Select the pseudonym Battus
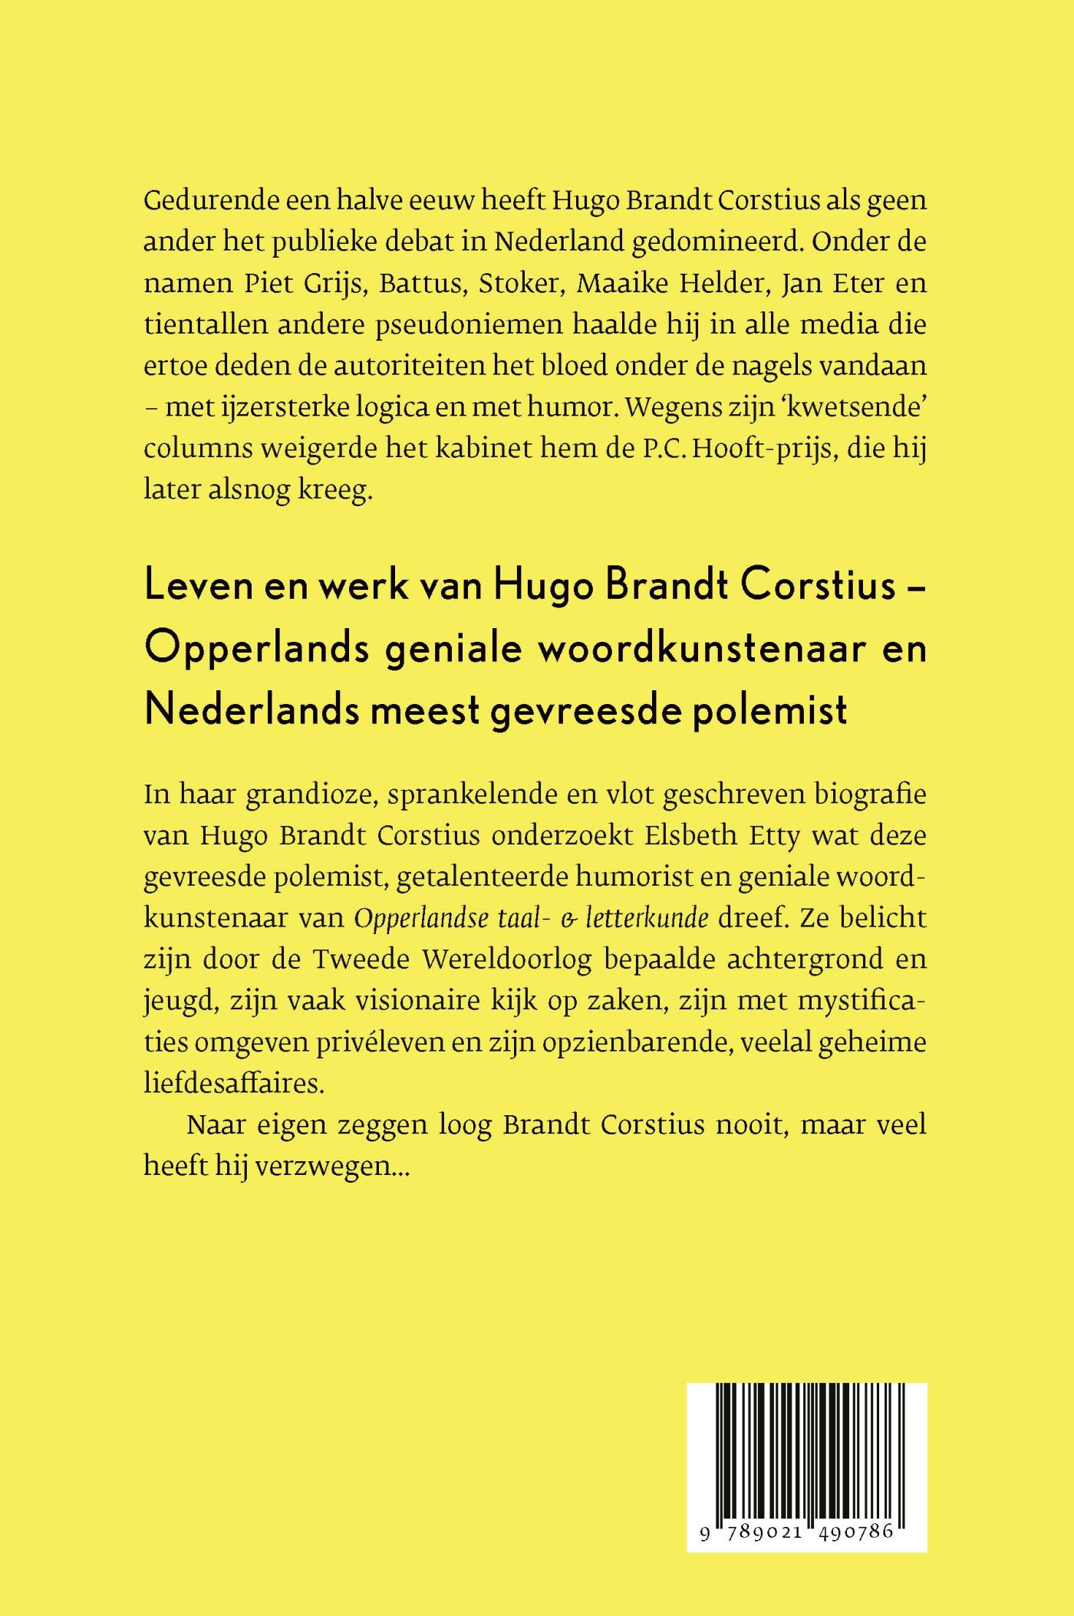tap(421, 284)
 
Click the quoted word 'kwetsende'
tap(865, 407)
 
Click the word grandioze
tap(310, 795)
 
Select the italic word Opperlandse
tap(421, 919)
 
